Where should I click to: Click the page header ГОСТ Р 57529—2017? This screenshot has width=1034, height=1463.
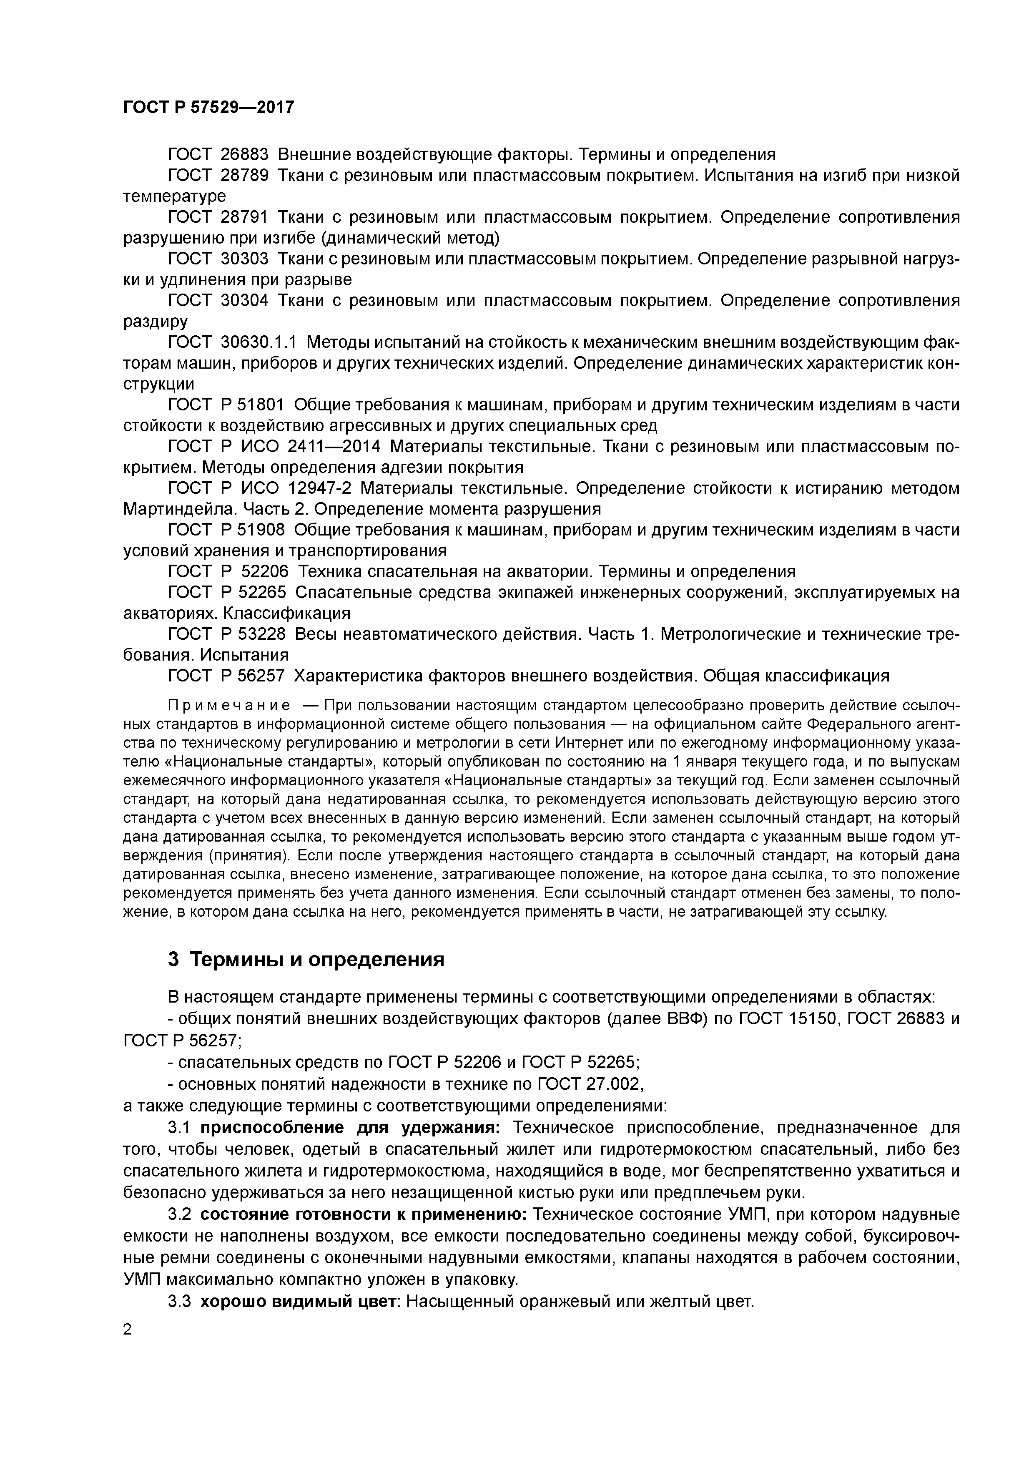coord(208,107)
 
